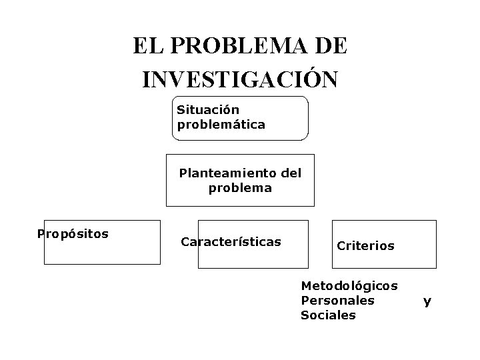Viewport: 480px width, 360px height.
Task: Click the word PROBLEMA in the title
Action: pyautogui.click(x=239, y=46)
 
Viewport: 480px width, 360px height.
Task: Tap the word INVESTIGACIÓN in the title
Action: pyautogui.click(x=240, y=79)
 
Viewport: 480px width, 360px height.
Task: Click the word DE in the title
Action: pyautogui.click(x=329, y=46)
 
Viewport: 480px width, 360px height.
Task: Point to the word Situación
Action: pyautogui.click(x=208, y=109)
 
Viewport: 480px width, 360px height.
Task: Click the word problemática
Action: pyautogui.click(x=221, y=124)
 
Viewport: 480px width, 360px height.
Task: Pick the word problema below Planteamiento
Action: pyautogui.click(x=240, y=188)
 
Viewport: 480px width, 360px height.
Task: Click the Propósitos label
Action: pyautogui.click(x=73, y=234)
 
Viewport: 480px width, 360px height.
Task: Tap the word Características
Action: pyautogui.click(x=231, y=241)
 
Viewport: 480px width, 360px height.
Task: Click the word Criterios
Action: pyautogui.click(x=365, y=246)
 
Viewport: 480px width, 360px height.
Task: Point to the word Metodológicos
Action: pyautogui.click(x=349, y=285)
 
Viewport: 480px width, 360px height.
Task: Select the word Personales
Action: pyautogui.click(x=338, y=300)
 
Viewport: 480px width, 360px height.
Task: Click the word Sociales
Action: pyautogui.click(x=329, y=315)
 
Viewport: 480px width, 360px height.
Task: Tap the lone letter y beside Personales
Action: pyautogui.click(x=427, y=301)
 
